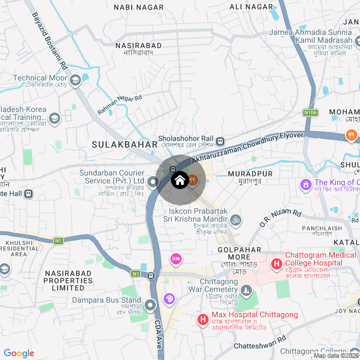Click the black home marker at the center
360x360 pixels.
point(179,181)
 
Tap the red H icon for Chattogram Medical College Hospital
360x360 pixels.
point(277,263)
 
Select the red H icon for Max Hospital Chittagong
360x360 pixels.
point(202,319)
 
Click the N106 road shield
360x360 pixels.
point(310,112)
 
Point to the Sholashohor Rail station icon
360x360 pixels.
point(221,141)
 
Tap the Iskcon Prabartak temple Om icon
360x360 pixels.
point(236,218)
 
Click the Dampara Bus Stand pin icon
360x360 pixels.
point(150,305)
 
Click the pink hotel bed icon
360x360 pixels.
point(175,258)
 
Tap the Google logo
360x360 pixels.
point(19,353)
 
